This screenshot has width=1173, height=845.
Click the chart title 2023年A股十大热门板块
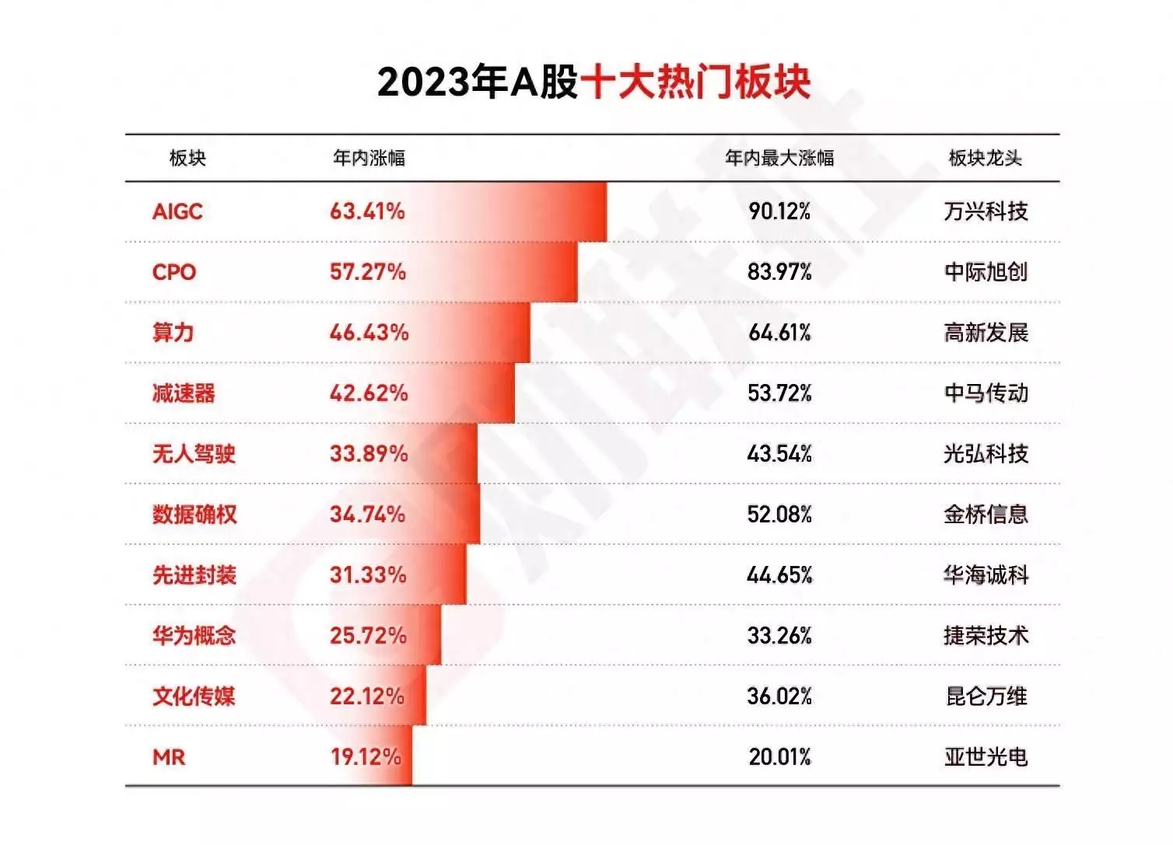tap(594, 82)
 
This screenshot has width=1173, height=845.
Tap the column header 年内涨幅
tap(369, 158)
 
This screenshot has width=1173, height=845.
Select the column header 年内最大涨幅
tap(779, 158)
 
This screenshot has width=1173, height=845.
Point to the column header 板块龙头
tap(985, 158)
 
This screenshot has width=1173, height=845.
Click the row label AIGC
tap(177, 211)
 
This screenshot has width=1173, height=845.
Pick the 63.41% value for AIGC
tap(367, 211)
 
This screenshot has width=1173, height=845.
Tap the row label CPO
tap(174, 272)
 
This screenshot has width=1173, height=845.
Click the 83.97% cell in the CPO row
tap(779, 272)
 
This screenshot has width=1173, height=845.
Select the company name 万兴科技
tap(986, 211)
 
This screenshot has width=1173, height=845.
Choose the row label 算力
tap(173, 333)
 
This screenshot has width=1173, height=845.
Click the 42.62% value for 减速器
tap(369, 393)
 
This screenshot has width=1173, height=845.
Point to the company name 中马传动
tap(986, 393)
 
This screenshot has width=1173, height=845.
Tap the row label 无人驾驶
tap(194, 454)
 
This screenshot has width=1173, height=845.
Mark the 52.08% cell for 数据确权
tap(779, 515)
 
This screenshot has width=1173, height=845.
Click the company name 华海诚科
tap(986, 575)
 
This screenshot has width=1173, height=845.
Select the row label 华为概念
tap(194, 636)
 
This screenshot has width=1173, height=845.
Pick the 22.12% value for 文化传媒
tap(367, 697)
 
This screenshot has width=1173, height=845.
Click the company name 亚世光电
tap(986, 757)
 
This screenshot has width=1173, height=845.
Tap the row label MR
tap(169, 757)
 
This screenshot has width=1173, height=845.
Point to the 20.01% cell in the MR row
tap(779, 757)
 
